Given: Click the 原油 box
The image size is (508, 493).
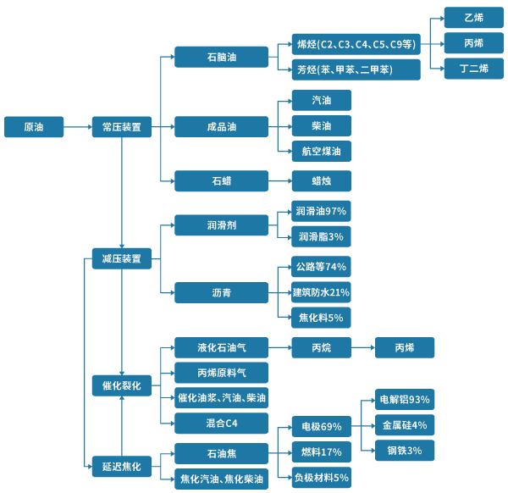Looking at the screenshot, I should point(34,127).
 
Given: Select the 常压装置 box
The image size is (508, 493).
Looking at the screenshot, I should point(121,127).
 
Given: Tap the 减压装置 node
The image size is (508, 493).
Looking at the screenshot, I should point(121,259).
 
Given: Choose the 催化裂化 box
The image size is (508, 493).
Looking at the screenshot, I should point(121,385).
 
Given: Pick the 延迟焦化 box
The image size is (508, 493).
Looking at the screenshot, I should point(121,465).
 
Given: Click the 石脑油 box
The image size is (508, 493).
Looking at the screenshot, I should point(221,57).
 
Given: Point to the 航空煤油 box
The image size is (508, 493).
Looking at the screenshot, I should point(321,152).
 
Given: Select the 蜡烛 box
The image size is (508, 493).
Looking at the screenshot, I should point(321,180).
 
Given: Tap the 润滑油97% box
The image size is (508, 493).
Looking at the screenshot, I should point(321,210).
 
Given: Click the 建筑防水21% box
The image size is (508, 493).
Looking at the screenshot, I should point(321,292).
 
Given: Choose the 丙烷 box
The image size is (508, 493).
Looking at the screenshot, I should point(321,347).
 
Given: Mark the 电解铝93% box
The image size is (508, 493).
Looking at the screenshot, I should point(405,399).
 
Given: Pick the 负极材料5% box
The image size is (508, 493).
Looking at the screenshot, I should point(321,477).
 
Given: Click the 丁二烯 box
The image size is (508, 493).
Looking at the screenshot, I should point(474,69).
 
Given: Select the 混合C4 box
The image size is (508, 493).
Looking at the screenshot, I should point(221,422).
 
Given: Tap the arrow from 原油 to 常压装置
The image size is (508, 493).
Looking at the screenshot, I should point(78,127).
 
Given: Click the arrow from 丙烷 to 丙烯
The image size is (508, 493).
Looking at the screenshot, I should point(362,347).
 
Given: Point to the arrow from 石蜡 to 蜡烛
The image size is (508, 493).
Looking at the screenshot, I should point(279,180).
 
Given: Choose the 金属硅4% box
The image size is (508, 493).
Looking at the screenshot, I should point(405,424).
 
